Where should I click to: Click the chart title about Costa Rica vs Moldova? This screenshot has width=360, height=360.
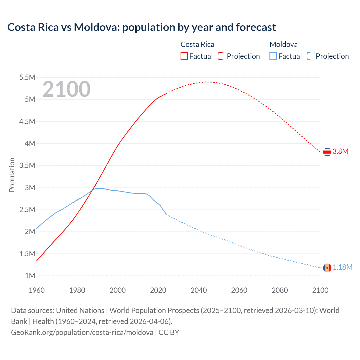coord(141,27)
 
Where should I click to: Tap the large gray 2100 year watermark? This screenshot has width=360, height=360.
coord(66,89)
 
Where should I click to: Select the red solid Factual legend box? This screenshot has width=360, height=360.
coord(184,56)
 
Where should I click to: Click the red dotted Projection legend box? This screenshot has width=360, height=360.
coord(222,56)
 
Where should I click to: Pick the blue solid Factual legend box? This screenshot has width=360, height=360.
coord(273,56)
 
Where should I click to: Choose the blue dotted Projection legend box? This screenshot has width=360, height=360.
coord(310,56)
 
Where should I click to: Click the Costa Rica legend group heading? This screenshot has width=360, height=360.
coord(197,44)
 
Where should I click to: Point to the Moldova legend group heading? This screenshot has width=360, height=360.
coord(283,44)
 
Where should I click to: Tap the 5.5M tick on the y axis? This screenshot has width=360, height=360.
coord(27,77)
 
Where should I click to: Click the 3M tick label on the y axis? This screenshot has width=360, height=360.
coord(30,188)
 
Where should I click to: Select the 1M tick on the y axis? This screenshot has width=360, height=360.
coord(30,276)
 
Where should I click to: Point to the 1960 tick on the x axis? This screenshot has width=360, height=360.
coord(37,290)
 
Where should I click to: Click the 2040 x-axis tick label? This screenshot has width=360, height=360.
coord(199,290)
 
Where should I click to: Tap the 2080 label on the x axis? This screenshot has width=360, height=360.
coord(280,290)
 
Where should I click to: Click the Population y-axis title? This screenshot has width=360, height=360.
coord(12,175)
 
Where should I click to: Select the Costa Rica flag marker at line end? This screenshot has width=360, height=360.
coord(327,152)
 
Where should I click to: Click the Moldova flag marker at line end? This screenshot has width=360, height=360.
coord(327,268)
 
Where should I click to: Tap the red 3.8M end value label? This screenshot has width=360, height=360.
coord(341,152)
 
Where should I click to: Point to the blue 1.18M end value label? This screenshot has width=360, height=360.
coord(343,267)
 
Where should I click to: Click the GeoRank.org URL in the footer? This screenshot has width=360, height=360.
coord(82,332)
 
